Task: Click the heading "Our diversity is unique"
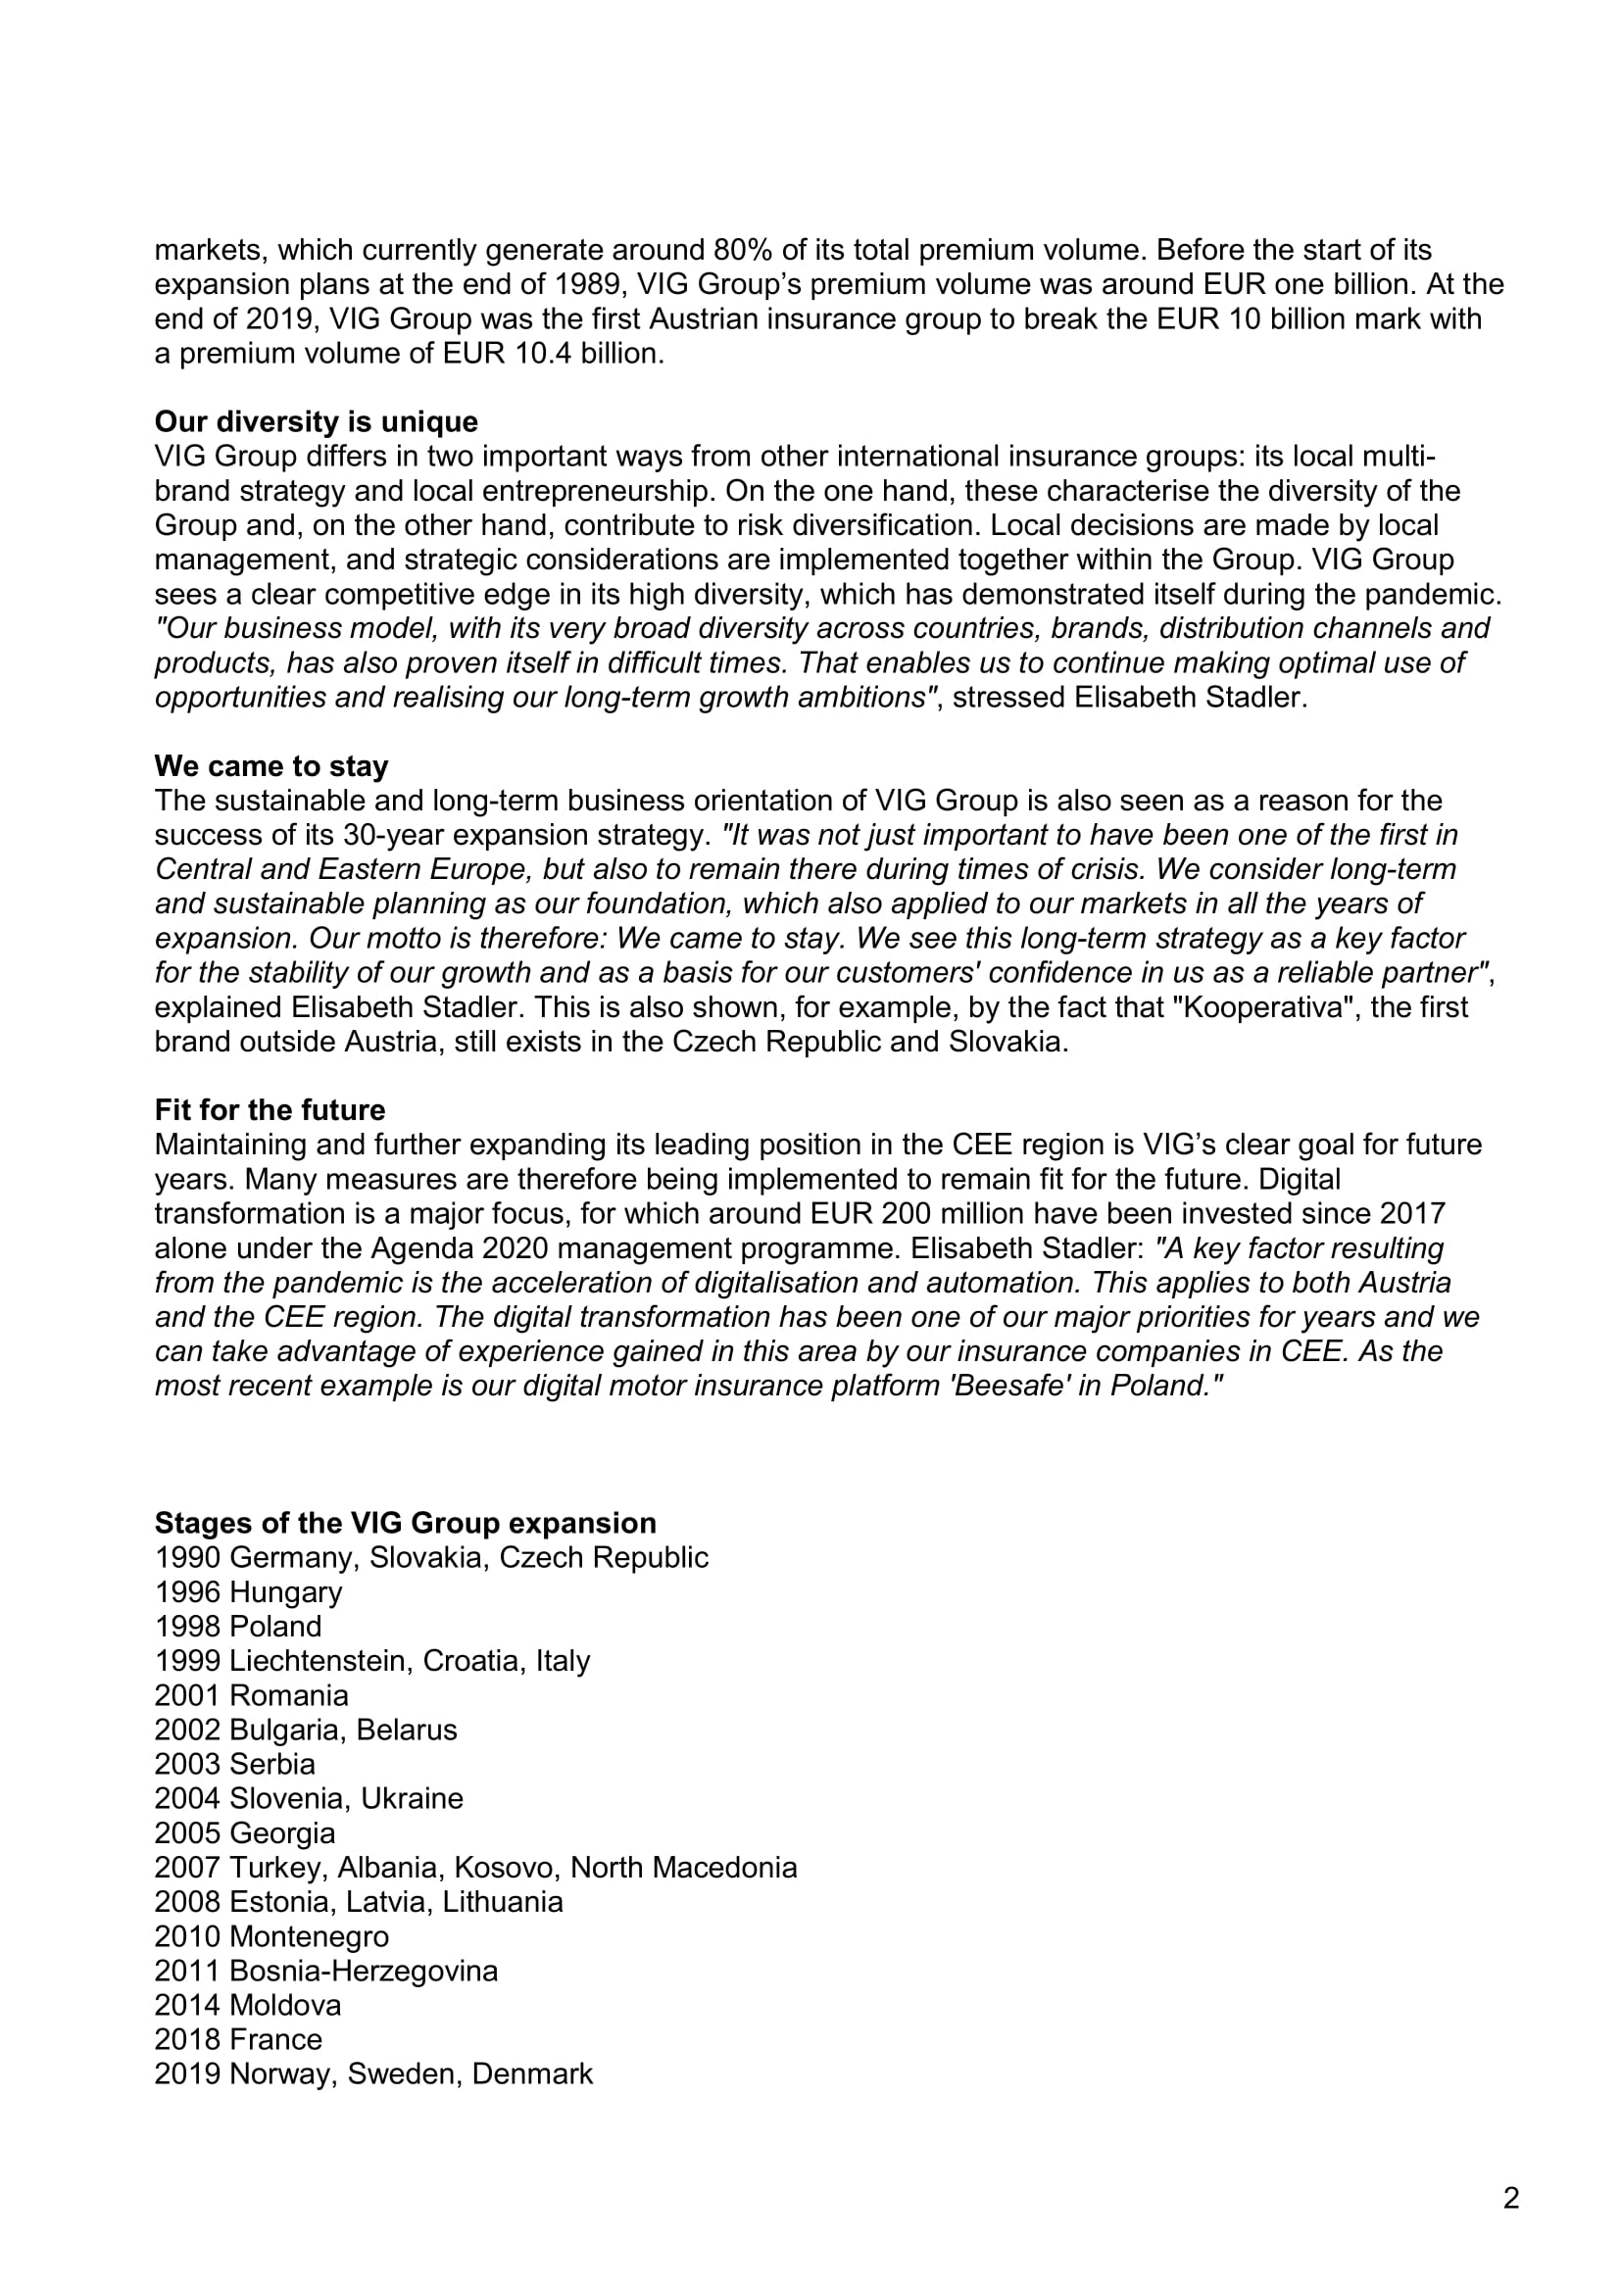[316, 421]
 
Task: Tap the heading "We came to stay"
[270, 765]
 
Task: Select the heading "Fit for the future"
[270, 1110]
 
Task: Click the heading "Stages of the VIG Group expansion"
[406, 1523]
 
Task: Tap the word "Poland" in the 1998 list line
[275, 1627]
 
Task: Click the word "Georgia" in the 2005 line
[282, 1832]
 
